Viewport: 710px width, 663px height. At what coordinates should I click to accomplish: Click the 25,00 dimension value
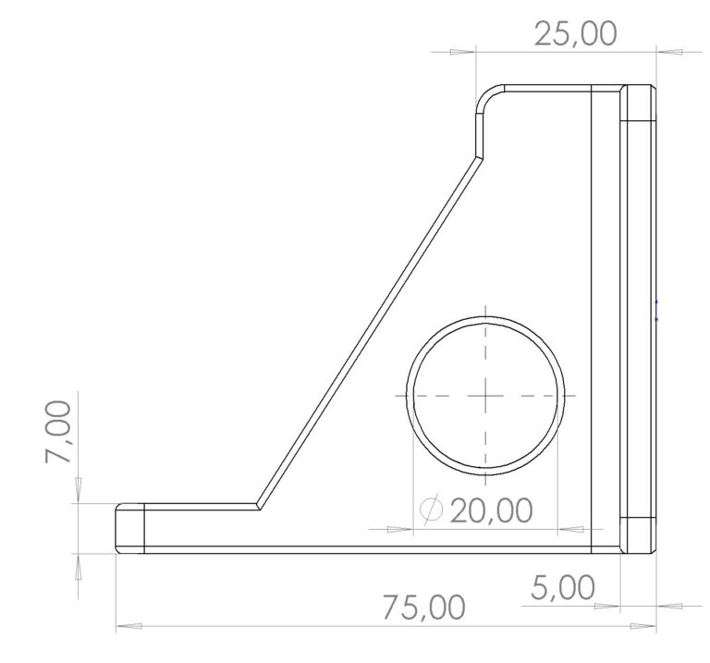click(575, 34)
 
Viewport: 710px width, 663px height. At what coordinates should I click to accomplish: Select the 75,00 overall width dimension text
click(424, 608)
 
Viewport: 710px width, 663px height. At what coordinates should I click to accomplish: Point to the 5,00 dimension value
click(563, 586)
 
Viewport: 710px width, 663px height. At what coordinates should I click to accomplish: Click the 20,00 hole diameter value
click(491, 510)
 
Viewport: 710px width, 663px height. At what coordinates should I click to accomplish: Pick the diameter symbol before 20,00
click(431, 510)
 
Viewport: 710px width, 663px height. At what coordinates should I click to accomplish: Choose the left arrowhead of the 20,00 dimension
click(397, 529)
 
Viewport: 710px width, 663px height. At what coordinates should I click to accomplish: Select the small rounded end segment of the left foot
click(130, 528)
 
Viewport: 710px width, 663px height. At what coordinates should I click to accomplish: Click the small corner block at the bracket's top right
click(638, 103)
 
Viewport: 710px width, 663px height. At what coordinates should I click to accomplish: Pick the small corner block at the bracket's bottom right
click(637, 534)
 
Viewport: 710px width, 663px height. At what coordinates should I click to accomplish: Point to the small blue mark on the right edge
click(656, 311)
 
